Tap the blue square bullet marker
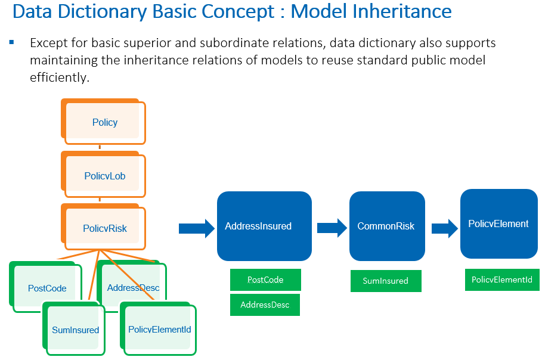pyautogui.click(x=11, y=43)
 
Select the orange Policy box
pyautogui.click(x=104, y=122)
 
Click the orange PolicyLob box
pyautogui.click(x=104, y=176)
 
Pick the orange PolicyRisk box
pyautogui.click(x=104, y=228)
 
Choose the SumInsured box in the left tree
pyautogui.click(x=75, y=330)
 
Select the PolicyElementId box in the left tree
pyautogui.click(x=159, y=329)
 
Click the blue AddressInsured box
pyautogui.click(x=264, y=226)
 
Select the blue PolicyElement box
pyautogui.click(x=498, y=224)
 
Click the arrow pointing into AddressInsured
pyautogui.click(x=196, y=228)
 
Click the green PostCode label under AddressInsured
pyautogui.click(x=265, y=280)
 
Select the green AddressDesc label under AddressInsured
pyautogui.click(x=265, y=305)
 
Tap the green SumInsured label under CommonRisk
pyautogui.click(x=385, y=281)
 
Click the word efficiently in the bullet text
pyautogui.click(x=59, y=77)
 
